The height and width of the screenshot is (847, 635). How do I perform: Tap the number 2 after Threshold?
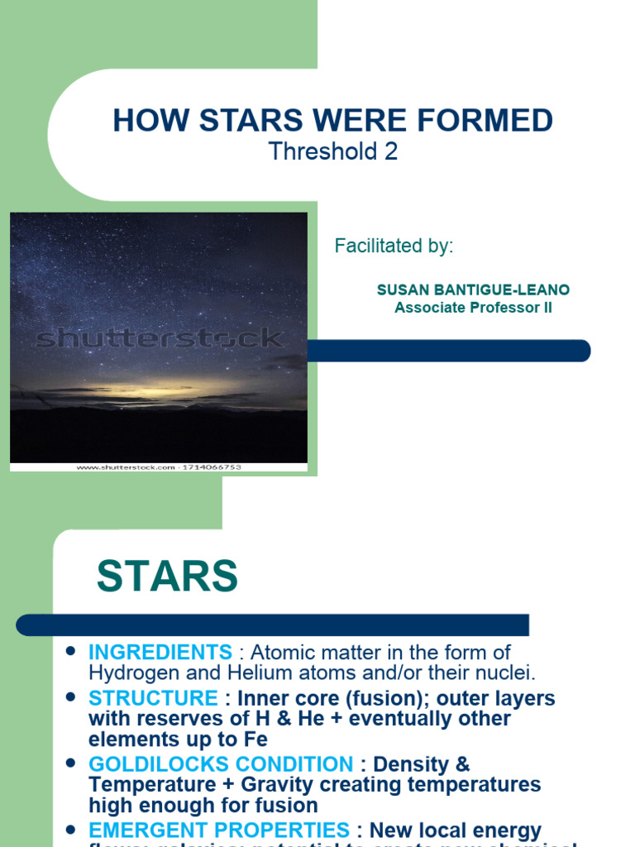[391, 152]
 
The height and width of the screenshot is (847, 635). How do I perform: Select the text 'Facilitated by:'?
[394, 246]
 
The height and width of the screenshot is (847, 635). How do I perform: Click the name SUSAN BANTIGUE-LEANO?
[473, 290]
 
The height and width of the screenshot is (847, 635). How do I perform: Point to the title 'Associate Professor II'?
[473, 309]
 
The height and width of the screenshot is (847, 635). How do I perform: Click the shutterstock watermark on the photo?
[160, 337]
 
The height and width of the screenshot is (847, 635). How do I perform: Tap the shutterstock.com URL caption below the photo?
[159, 467]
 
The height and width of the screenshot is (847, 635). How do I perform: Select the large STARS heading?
[167, 576]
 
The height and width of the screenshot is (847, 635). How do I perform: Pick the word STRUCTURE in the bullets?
[154, 698]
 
